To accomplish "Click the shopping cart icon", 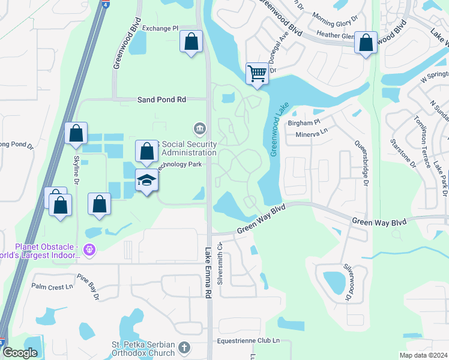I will (x=257, y=74).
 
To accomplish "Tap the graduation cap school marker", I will (x=146, y=179).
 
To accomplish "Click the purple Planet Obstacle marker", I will (x=89, y=249).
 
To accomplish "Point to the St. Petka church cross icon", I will (x=184, y=347).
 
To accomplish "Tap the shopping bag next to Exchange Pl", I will (x=191, y=42).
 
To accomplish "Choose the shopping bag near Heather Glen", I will (x=366, y=43).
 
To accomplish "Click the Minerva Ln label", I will (x=311, y=135).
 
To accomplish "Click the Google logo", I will (x=20, y=353).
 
